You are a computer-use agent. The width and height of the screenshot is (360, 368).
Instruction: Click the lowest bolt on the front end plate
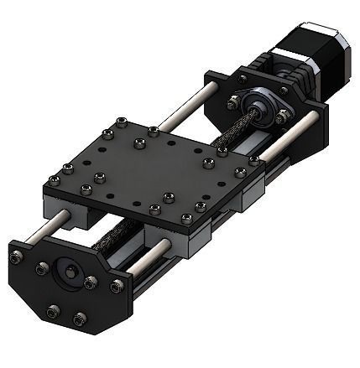[x=80, y=319]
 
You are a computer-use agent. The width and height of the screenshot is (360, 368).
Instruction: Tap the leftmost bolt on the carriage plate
[x=55, y=179]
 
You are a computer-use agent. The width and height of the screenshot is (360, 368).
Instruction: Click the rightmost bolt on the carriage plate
[x=253, y=159]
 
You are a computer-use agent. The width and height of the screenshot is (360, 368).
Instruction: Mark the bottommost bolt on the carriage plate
[x=154, y=210]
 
